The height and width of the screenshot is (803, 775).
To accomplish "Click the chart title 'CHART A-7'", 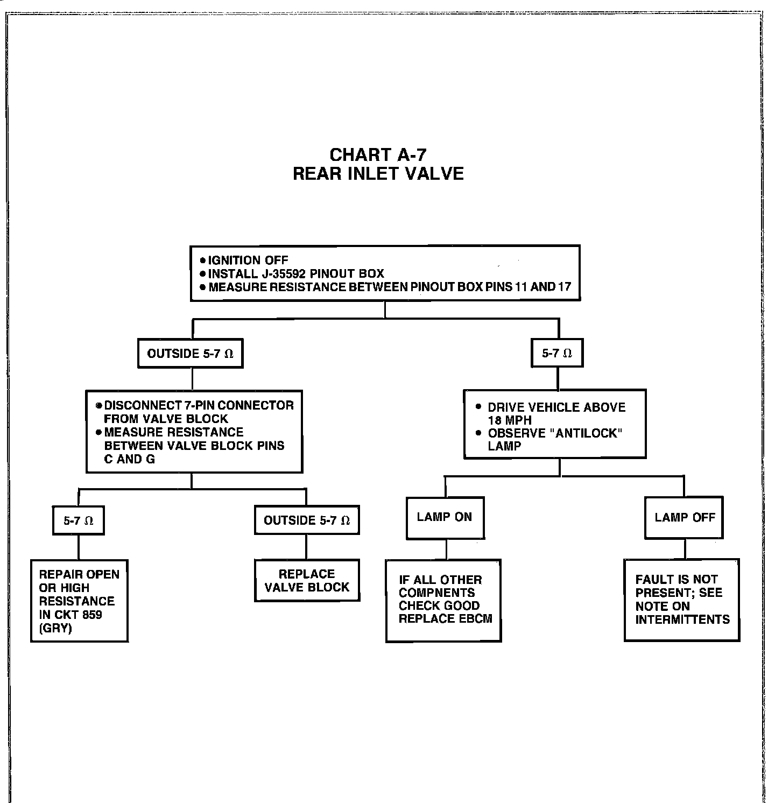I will tap(378, 155).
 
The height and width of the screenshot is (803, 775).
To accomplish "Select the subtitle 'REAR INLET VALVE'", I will tap(378, 174).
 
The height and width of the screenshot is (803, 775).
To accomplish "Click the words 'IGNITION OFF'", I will tap(248, 260).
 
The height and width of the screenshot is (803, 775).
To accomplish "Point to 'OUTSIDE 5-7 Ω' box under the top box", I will tap(190, 354).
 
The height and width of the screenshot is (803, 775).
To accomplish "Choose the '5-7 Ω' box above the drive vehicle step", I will tap(557, 354).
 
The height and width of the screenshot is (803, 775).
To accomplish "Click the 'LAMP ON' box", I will tap(445, 517).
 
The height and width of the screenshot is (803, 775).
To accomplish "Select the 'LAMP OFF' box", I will tap(685, 518).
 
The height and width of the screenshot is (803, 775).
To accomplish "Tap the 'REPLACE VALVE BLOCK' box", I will tap(307, 581).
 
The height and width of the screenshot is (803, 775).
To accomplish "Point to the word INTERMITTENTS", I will tap(682, 619).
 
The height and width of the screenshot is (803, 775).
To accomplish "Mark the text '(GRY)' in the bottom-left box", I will tap(55, 628).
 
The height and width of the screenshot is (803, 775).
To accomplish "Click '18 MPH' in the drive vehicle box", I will tap(510, 421).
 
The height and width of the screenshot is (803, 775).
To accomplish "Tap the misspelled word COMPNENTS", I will tap(436, 593).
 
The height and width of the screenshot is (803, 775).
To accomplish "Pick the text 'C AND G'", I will tap(129, 459).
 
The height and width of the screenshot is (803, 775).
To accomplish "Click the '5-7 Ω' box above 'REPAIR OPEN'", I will tap(79, 520).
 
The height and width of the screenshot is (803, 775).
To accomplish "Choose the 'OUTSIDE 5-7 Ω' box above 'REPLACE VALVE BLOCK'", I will tap(307, 520).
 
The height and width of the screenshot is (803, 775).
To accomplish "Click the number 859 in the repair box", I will tap(91, 615).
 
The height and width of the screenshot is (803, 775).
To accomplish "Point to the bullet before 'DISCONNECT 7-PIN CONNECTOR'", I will tap(98, 405).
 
